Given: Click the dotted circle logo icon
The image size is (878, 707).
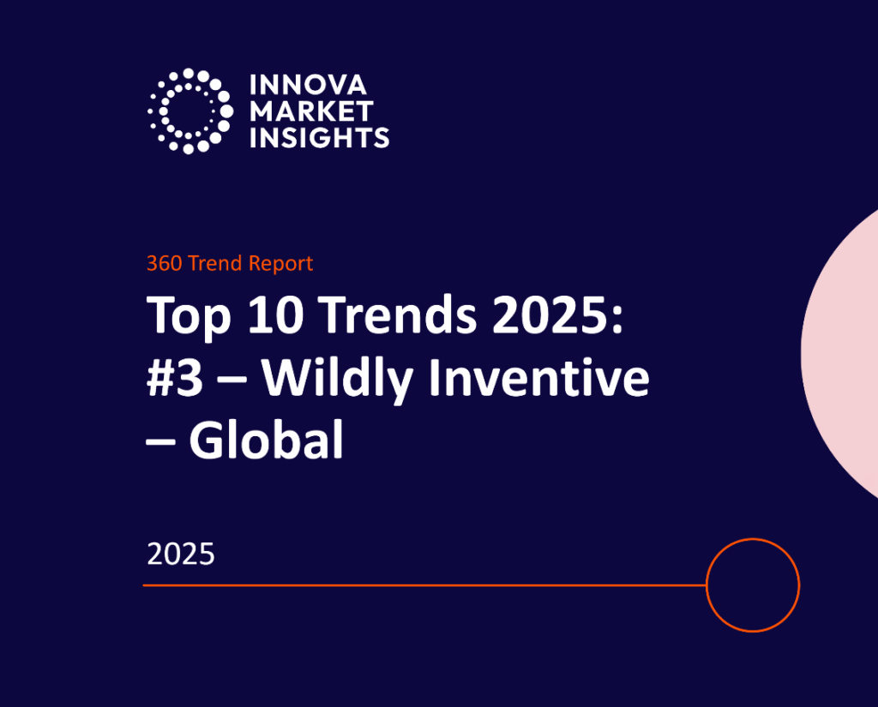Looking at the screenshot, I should click(x=189, y=111).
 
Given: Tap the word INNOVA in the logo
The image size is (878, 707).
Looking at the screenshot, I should click(x=308, y=85).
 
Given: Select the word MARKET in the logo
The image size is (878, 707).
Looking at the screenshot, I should click(x=311, y=111).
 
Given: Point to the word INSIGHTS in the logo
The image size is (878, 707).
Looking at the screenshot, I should click(x=319, y=136).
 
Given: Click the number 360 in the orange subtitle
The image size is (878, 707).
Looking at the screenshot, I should click(x=164, y=263).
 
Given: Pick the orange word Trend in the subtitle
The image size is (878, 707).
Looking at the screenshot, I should click(x=216, y=263).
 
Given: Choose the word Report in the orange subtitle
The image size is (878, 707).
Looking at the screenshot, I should click(x=281, y=263).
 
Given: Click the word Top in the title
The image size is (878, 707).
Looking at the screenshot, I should click(x=189, y=316).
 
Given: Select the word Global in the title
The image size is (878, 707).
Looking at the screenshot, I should click(x=267, y=441).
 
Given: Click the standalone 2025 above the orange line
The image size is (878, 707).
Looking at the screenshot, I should click(x=180, y=554).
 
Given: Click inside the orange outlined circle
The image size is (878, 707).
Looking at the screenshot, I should click(x=753, y=585).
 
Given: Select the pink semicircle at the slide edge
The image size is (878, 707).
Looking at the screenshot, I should click(x=845, y=351).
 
